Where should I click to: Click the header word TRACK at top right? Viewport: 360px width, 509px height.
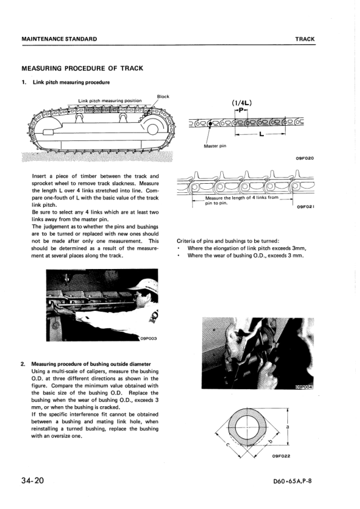coord(305,39)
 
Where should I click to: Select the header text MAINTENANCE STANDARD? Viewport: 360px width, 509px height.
coord(59,39)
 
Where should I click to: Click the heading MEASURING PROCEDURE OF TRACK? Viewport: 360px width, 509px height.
coord(82,68)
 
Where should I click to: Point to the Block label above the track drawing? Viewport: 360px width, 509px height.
coord(163,96)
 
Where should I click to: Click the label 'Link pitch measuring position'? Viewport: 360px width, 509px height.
coord(110,100)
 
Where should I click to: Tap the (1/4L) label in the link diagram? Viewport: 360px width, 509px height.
coord(241,103)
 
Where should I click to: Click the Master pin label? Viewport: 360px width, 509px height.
coord(215,146)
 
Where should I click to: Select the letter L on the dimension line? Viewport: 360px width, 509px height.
coord(261,134)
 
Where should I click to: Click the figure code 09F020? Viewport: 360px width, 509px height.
coord(305,158)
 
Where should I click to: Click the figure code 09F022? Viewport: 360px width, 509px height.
coord(281,456)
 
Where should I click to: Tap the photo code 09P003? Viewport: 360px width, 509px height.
coord(148,339)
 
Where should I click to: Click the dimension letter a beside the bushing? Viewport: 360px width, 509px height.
coord(287,427)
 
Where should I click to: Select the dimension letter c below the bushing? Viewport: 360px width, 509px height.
coord(227,444)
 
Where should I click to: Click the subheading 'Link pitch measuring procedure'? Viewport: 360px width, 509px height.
coord(71,82)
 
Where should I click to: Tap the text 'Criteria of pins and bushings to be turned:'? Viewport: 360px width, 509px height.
coord(228,241)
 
